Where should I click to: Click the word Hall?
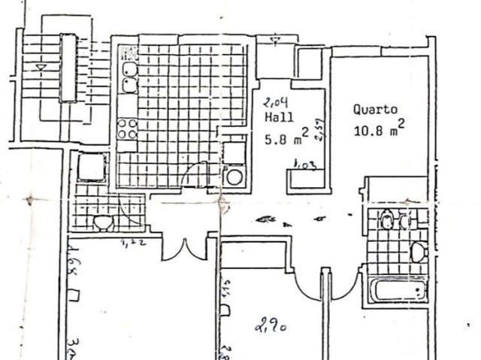click(x=275, y=118)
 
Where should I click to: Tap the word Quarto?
click(x=375, y=109)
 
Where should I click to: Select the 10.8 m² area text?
click(x=380, y=129)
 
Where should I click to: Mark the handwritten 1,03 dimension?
click(x=304, y=164)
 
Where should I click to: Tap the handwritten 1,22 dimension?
click(x=132, y=242)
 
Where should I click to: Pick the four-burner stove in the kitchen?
click(x=128, y=129)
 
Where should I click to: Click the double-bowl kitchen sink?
click(x=129, y=75)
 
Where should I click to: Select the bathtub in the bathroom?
click(x=397, y=291)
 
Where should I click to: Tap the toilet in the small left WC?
click(x=104, y=222)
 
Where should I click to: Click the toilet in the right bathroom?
click(x=419, y=251)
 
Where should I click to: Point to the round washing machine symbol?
click(x=234, y=177)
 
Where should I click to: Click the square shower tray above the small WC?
click(x=92, y=167)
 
